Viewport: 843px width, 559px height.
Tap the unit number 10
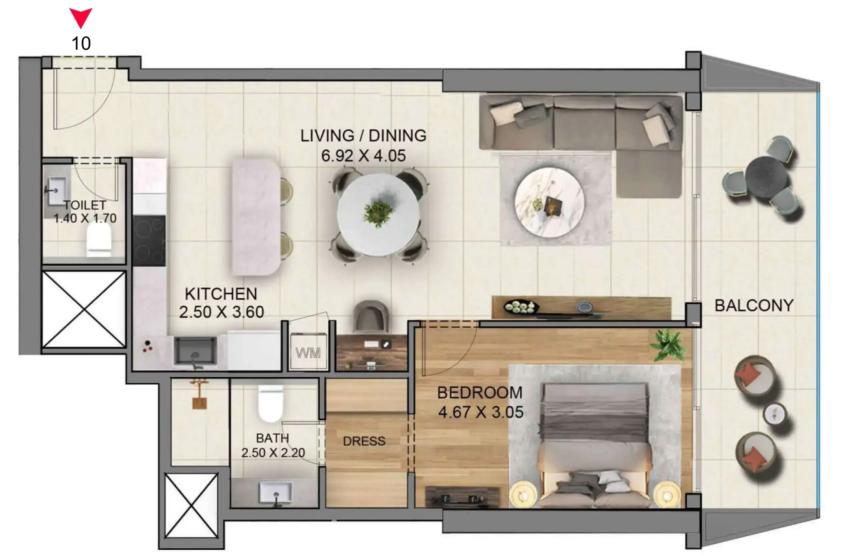(x=81, y=44)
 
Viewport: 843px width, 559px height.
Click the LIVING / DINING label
(x=363, y=135)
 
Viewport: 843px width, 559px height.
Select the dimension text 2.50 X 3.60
(x=221, y=312)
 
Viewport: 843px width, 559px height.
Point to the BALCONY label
(x=754, y=305)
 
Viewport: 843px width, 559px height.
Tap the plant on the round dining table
(x=378, y=213)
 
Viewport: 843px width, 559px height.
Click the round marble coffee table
(x=549, y=203)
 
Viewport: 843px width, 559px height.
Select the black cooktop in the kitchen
(x=149, y=241)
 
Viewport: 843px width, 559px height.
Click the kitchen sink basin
(x=195, y=351)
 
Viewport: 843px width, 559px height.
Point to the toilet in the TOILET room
(x=99, y=238)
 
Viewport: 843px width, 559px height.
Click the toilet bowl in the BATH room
(x=271, y=404)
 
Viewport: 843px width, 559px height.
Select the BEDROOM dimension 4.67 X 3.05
(x=481, y=412)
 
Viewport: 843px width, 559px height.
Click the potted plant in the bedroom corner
(x=667, y=345)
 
